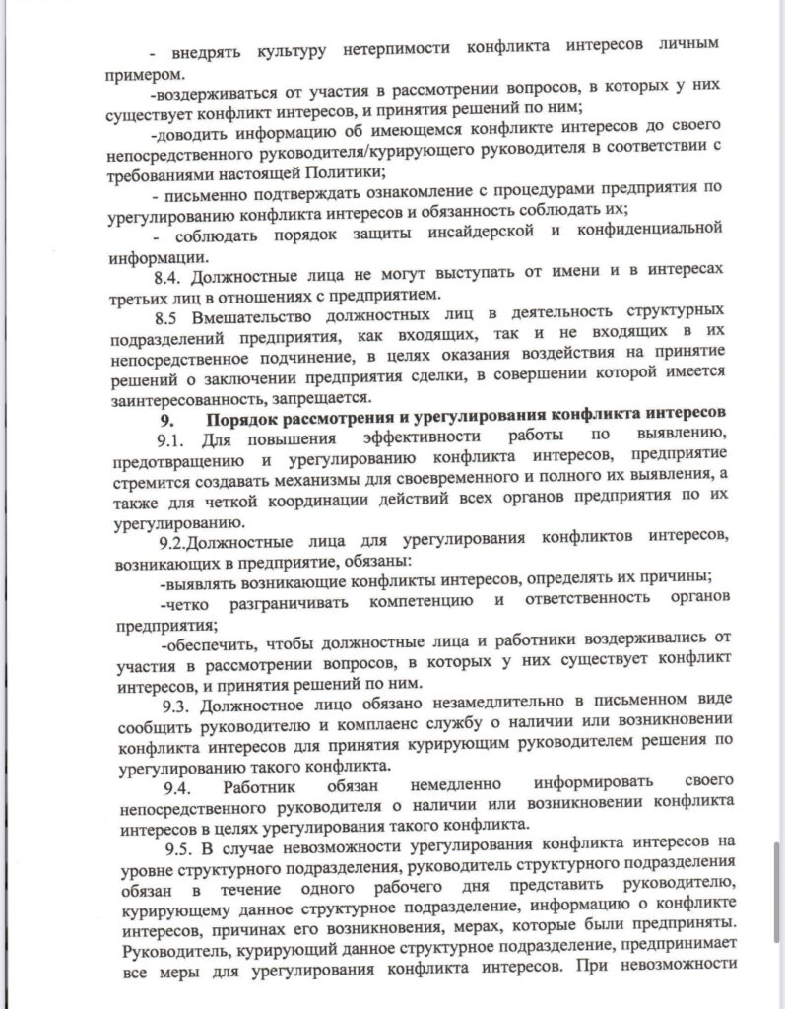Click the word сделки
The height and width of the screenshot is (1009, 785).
487,378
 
